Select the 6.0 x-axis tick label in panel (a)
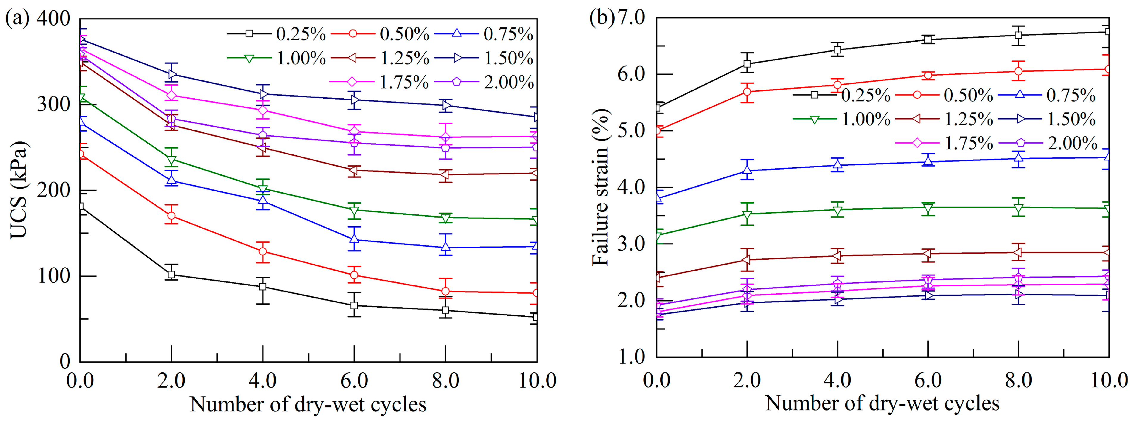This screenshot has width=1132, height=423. tap(354, 380)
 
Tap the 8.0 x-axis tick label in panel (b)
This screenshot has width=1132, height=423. tap(1018, 380)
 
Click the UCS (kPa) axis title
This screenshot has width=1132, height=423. tap(18, 190)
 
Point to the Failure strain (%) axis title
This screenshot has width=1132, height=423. tap(600, 187)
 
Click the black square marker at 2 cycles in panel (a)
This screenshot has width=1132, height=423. tap(171, 274)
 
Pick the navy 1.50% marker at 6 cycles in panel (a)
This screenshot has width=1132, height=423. tap(354, 100)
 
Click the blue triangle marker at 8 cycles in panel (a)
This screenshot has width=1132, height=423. tap(446, 247)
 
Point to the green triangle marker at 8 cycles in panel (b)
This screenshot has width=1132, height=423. tap(1018, 207)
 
